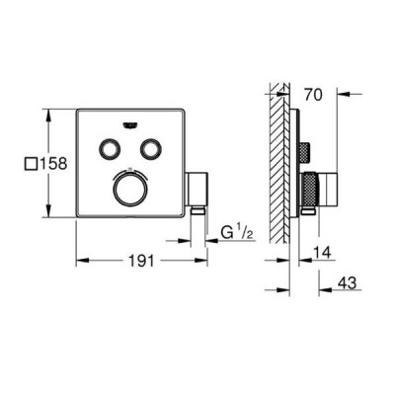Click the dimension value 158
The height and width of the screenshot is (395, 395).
point(53,164)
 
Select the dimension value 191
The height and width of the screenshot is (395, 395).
point(141,262)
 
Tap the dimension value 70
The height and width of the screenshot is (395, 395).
point(313,95)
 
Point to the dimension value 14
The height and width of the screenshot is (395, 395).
point(322,254)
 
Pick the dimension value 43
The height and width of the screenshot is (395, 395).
point(347,283)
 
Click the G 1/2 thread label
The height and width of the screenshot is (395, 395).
point(236,234)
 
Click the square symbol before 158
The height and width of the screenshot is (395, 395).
point(32,164)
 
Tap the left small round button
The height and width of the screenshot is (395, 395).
point(109,149)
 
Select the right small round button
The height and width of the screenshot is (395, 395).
point(150,149)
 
